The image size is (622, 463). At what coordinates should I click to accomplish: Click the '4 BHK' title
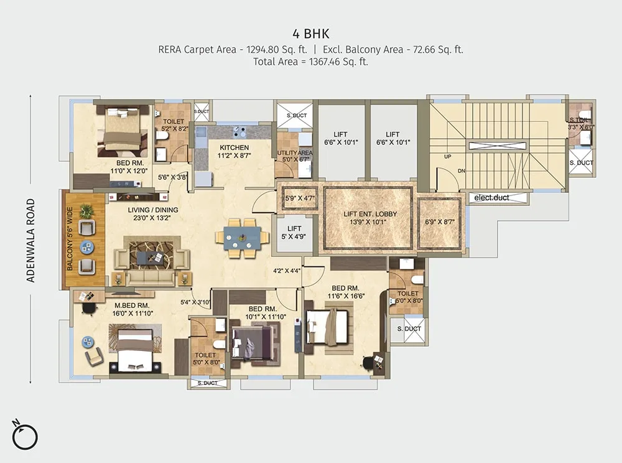point(311,32)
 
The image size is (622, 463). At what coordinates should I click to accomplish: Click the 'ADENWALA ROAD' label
point(30,240)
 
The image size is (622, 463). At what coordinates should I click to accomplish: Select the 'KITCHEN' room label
point(233,147)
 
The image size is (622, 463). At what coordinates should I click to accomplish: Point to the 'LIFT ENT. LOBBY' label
point(370,214)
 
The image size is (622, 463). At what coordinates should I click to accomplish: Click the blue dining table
point(242,237)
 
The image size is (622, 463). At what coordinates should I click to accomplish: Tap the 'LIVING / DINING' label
point(153,210)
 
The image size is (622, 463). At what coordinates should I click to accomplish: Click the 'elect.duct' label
point(491,199)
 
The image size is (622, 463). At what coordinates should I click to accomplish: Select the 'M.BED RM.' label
point(131,306)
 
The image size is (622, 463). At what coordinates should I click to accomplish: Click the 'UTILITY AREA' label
point(295,152)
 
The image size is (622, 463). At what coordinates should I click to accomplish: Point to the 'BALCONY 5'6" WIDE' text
point(70,240)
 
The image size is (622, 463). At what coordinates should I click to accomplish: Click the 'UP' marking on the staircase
point(447,157)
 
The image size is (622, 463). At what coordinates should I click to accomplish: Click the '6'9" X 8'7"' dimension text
point(440,222)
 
